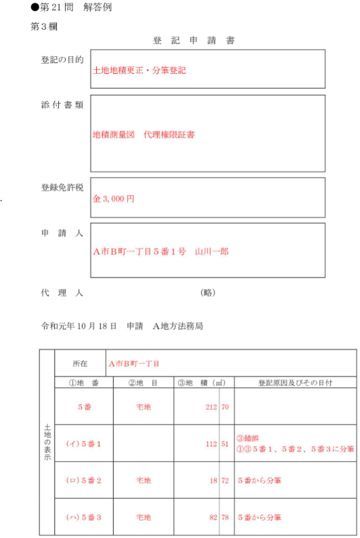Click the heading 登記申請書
(193, 41)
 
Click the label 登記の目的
(62, 60)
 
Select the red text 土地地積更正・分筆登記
(139, 70)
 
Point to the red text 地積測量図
(114, 134)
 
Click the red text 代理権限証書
(169, 134)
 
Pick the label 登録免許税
(62, 187)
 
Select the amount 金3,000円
(113, 199)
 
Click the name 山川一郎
(212, 251)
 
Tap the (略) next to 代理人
(208, 293)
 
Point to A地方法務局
(178, 326)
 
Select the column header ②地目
(142, 383)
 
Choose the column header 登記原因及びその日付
(295, 383)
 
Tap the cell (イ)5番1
(83, 444)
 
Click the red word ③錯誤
(247, 439)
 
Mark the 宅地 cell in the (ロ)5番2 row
(142, 480)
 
